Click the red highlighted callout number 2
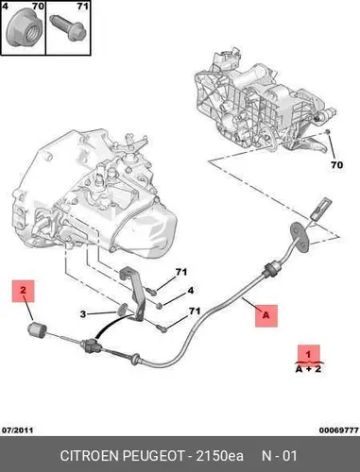(x=23, y=291)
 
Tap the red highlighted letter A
(x=266, y=315)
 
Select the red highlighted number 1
(x=308, y=354)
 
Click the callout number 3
(x=83, y=314)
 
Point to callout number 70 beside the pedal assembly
(x=336, y=165)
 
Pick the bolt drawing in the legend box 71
(x=68, y=27)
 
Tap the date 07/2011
(x=17, y=430)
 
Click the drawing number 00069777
(x=339, y=430)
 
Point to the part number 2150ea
(x=220, y=456)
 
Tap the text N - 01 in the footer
(x=280, y=456)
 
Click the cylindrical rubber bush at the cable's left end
(x=37, y=329)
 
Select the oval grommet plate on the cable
(x=300, y=237)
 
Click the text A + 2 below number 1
(x=308, y=369)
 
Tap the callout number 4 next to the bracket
(x=190, y=291)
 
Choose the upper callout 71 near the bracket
(x=181, y=272)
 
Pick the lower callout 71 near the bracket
(x=195, y=312)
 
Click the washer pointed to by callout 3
(x=122, y=310)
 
